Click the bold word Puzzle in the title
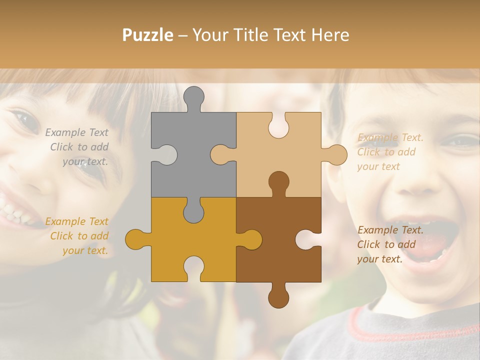coord(148,35)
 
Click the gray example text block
coord(77,147)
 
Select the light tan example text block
coord(390,152)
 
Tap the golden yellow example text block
coord(77,236)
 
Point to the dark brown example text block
coord(390,244)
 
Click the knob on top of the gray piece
coord(193,97)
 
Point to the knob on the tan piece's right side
coord(336,154)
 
